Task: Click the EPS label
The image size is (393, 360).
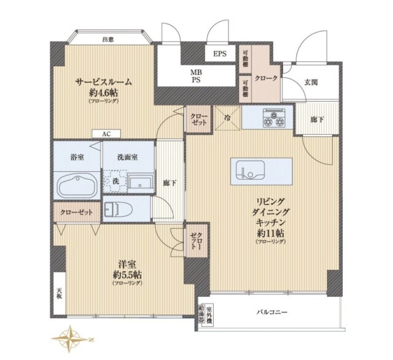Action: [x=220, y=54]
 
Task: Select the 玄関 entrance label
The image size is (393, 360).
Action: [x=311, y=83]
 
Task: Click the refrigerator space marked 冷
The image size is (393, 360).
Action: [x=227, y=118]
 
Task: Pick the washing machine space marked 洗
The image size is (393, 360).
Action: [x=114, y=182]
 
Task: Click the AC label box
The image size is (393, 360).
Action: [x=106, y=132]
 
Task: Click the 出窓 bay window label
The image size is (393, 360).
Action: [x=108, y=40]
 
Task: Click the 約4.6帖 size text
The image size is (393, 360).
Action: [x=104, y=92]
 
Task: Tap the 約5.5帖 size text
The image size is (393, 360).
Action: [x=127, y=274]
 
